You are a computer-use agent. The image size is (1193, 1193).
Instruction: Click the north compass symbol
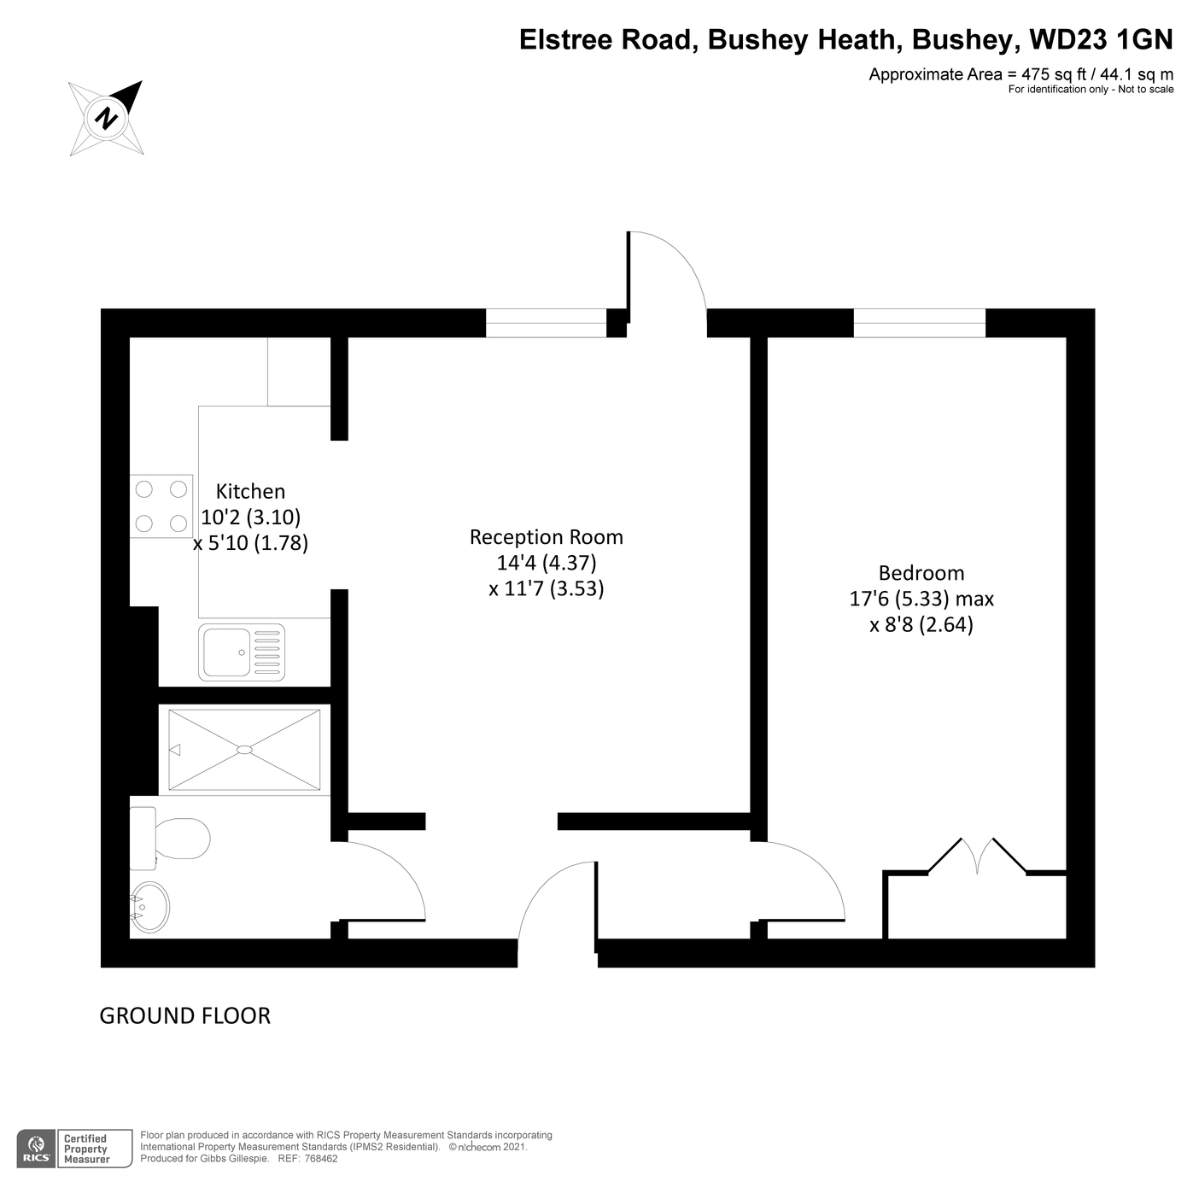106,118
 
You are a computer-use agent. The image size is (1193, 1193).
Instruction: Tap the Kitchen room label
250,491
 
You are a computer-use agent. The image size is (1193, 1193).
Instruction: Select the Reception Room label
547,537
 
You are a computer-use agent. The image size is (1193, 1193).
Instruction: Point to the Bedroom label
921,573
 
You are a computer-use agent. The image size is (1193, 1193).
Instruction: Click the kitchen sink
242,652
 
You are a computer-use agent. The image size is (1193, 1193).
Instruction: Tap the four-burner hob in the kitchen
161,506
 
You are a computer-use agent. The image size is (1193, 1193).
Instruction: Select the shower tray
244,749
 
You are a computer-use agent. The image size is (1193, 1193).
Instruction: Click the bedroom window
920,323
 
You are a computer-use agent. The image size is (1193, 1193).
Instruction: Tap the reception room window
546,323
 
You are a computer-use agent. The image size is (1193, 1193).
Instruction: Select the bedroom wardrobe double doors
977,856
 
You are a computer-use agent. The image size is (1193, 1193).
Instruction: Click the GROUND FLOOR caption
185,1015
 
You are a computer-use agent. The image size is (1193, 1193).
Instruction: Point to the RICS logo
37,1149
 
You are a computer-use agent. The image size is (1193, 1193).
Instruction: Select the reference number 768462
321,1159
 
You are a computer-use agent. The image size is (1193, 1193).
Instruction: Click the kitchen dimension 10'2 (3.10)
250,517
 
